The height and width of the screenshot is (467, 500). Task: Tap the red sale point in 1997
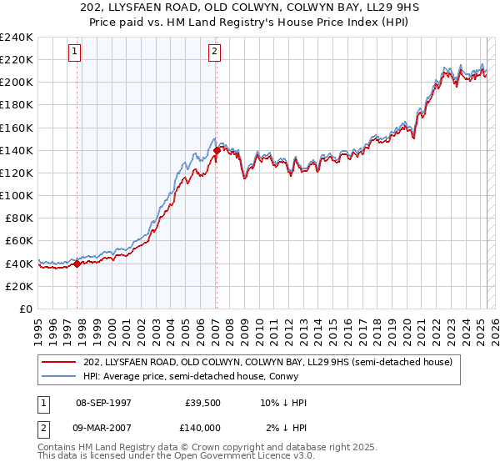pyautogui.click(x=77, y=264)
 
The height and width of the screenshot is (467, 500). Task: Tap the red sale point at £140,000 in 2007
pyautogui.click(x=217, y=150)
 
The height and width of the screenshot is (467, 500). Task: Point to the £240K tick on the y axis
pyautogui.click(x=17, y=38)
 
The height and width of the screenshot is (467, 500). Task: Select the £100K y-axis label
pyautogui.click(x=17, y=195)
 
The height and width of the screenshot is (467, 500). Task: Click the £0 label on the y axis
pyautogui.click(x=25, y=309)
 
